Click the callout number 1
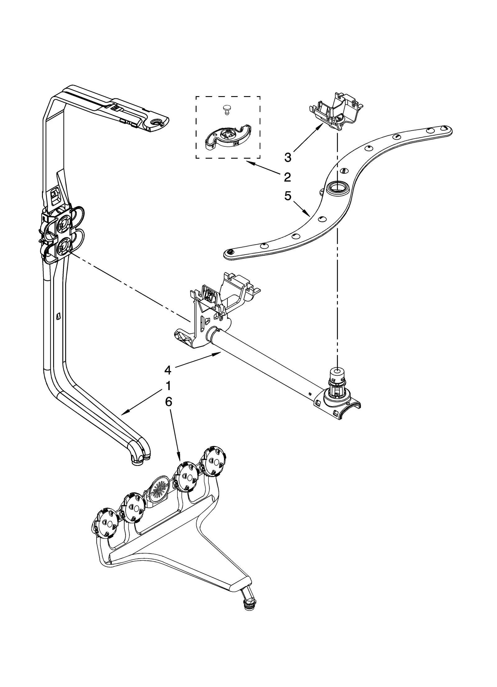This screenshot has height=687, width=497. click(168, 386)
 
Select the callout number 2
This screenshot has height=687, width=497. click(287, 177)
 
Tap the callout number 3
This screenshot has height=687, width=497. click(288, 157)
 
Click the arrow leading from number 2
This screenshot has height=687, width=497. click(264, 168)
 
